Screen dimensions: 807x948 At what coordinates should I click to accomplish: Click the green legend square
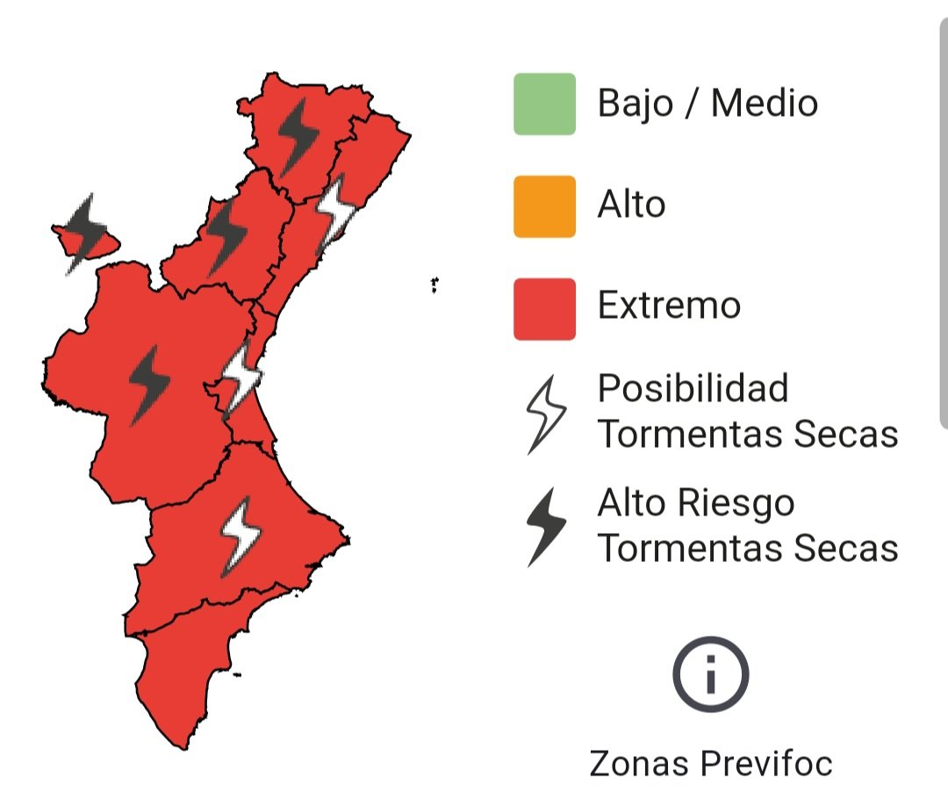[544, 104]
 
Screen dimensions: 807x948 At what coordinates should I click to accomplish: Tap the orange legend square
[544, 206]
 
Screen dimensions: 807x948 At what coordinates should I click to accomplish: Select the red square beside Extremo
[544, 308]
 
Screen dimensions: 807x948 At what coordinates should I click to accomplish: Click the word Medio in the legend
[764, 104]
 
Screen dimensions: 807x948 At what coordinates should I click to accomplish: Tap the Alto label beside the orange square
[631, 205]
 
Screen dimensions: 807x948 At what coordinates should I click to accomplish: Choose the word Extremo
[669, 306]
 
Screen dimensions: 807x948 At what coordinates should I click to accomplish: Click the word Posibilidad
[693, 388]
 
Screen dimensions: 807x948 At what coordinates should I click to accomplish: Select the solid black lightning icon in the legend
[545, 527]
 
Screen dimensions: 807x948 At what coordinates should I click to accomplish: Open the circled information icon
[710, 674]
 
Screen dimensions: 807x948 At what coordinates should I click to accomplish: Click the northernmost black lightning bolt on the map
[298, 136]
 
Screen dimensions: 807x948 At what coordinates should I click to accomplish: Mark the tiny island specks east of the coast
[434, 285]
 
